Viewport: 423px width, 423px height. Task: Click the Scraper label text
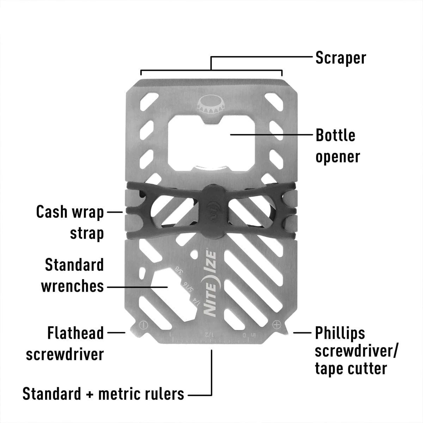341,58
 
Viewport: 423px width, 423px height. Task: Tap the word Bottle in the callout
336,135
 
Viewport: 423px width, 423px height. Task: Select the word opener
338,157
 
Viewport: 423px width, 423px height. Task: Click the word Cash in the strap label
51,212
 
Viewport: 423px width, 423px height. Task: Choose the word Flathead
75,333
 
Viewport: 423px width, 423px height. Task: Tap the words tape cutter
351,369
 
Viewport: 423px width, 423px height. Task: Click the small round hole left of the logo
194,255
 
